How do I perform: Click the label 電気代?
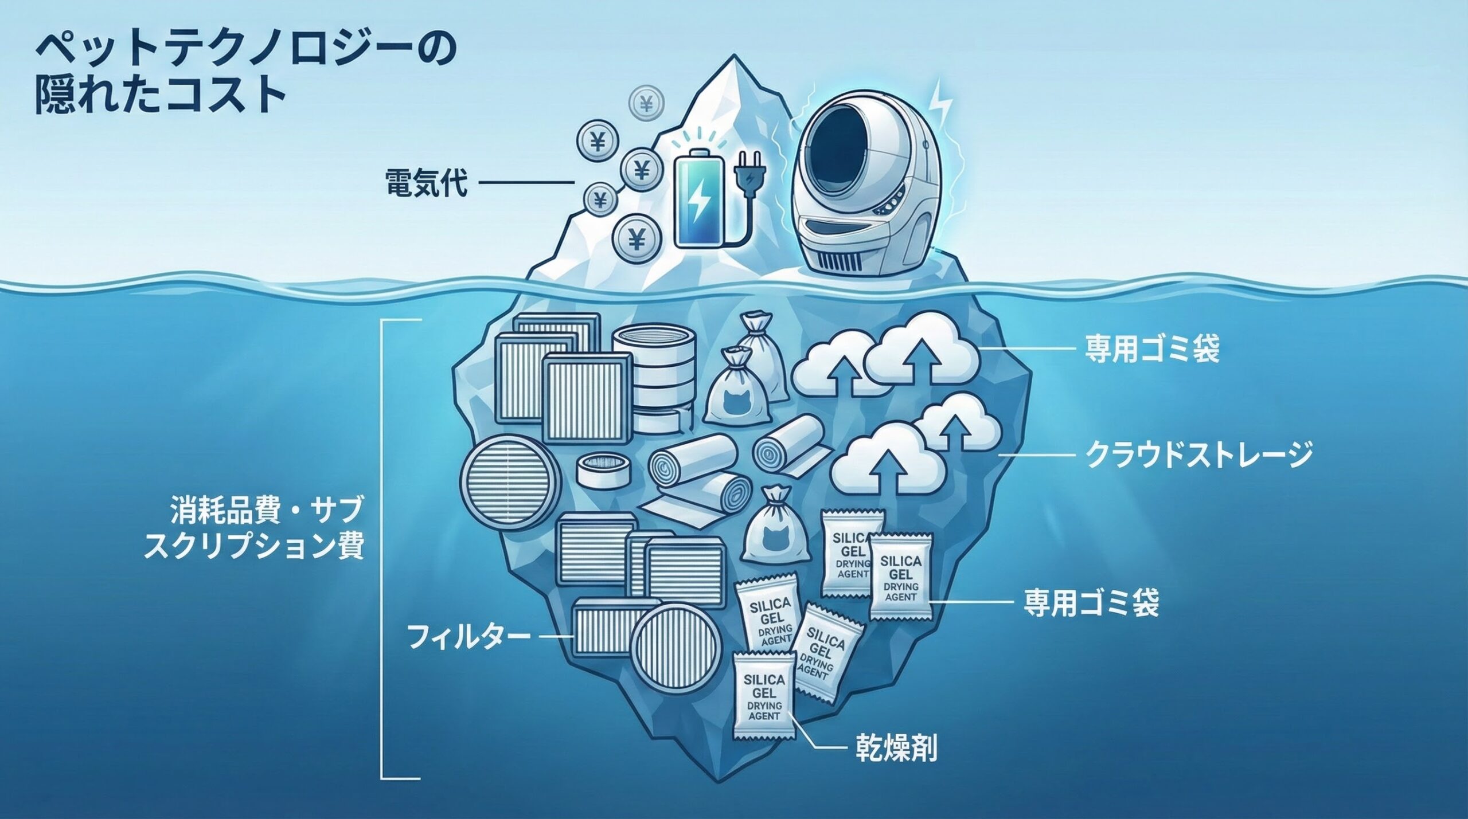(427, 183)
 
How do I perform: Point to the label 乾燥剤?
(896, 748)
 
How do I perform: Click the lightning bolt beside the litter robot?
(941, 106)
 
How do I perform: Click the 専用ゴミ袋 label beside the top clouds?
(1151, 348)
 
